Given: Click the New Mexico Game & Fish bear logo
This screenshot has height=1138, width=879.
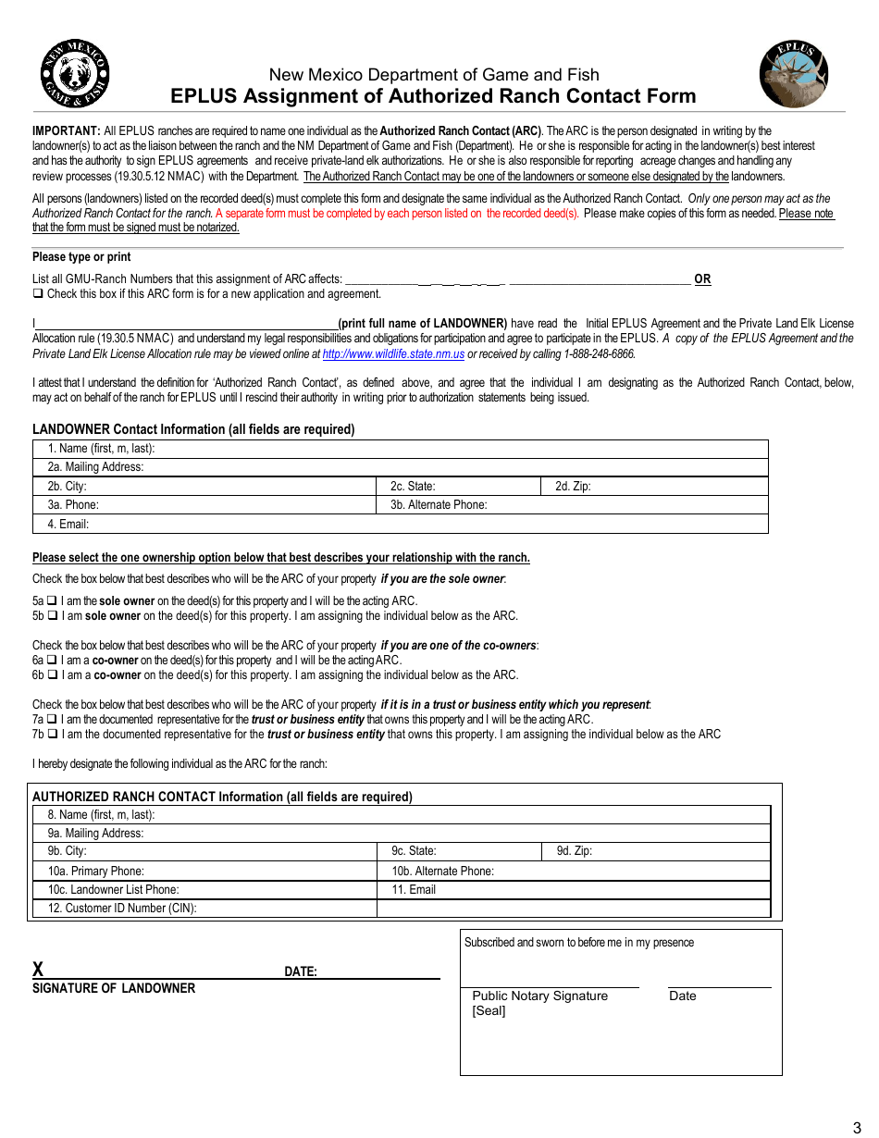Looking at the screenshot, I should click(x=74, y=74).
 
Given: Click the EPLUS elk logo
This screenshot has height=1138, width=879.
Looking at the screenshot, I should click(x=794, y=75).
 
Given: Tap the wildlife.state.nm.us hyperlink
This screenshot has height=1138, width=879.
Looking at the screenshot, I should click(x=393, y=353).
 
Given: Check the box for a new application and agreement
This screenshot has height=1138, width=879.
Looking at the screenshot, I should click(x=38, y=294).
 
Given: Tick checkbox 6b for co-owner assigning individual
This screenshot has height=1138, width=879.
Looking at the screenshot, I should click(x=53, y=675).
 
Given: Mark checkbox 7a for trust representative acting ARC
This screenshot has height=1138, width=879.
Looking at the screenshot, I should click(x=53, y=720).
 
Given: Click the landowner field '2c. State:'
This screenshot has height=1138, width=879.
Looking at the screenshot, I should click(x=458, y=487).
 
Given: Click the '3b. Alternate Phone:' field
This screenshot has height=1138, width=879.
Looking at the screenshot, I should click(x=572, y=505).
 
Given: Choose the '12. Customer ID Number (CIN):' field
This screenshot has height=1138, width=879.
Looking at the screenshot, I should click(x=204, y=909).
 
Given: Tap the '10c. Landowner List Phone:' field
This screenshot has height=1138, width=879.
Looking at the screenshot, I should click(x=204, y=890).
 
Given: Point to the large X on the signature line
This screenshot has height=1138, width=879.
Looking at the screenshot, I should click(x=38, y=970).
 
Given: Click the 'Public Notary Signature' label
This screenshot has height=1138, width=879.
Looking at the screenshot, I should click(x=539, y=996).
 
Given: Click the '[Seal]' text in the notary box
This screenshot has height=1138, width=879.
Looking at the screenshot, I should click(x=489, y=1011).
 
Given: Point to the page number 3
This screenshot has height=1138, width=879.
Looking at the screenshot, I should click(x=856, y=1127).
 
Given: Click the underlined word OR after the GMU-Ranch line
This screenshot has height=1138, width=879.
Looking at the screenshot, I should click(x=702, y=279).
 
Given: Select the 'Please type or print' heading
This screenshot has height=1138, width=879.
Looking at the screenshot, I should click(x=81, y=257).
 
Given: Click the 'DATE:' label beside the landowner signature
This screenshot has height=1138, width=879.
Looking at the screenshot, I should click(x=300, y=972).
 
